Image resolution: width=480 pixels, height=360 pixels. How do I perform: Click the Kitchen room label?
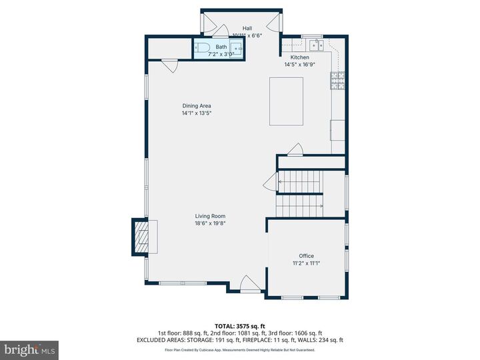[x=295, y=57]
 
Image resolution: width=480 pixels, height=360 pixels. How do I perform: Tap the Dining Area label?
[x=197, y=105]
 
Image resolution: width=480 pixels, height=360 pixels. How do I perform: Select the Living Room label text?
[x=210, y=216]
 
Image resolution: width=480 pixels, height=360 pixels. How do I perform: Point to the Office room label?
[x=306, y=256]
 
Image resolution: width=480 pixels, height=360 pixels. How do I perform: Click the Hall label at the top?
[x=247, y=28]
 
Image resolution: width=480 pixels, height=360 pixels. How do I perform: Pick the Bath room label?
[x=221, y=47]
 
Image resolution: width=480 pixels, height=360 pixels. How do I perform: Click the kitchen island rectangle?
[x=286, y=101]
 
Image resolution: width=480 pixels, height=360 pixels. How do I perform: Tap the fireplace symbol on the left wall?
[x=140, y=237]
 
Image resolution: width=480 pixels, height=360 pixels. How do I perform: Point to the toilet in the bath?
[x=202, y=48]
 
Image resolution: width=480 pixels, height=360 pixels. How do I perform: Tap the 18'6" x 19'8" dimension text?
[x=210, y=224]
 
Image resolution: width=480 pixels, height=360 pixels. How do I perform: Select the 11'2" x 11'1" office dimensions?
[x=306, y=263]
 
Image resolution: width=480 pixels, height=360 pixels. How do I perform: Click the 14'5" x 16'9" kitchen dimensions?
[x=299, y=65]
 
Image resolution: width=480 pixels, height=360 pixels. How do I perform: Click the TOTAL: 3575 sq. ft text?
[x=239, y=326]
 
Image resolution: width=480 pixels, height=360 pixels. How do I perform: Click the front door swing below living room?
[x=250, y=284]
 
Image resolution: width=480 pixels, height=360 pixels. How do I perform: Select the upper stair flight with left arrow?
[x=299, y=181]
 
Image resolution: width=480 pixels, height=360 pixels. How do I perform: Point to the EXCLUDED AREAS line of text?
[x=239, y=340]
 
